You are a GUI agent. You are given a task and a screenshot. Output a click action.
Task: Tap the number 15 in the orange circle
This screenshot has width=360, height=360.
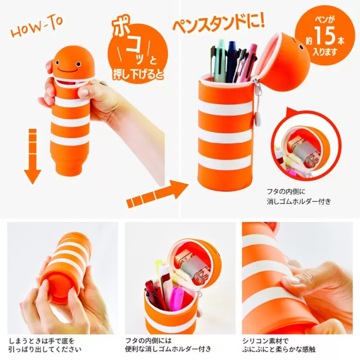pyautogui.click(x=324, y=36)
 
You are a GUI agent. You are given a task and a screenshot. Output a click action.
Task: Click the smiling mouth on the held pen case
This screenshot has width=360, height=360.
pyautogui.click(x=68, y=69)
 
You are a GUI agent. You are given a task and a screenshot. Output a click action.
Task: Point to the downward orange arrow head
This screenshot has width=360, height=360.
pyautogui.click(x=32, y=177)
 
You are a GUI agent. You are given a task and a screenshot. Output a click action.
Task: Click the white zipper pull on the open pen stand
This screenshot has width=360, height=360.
pyautogui.click(x=259, y=118)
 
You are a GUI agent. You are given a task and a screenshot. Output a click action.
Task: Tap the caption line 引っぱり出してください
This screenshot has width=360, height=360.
pyautogui.click(x=45, y=350)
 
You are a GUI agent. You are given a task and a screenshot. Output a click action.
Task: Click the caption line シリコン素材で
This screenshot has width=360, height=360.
pyautogui.click(x=265, y=341)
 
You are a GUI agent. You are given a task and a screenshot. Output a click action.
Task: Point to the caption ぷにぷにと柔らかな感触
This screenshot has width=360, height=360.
pyautogui.click(x=279, y=350)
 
